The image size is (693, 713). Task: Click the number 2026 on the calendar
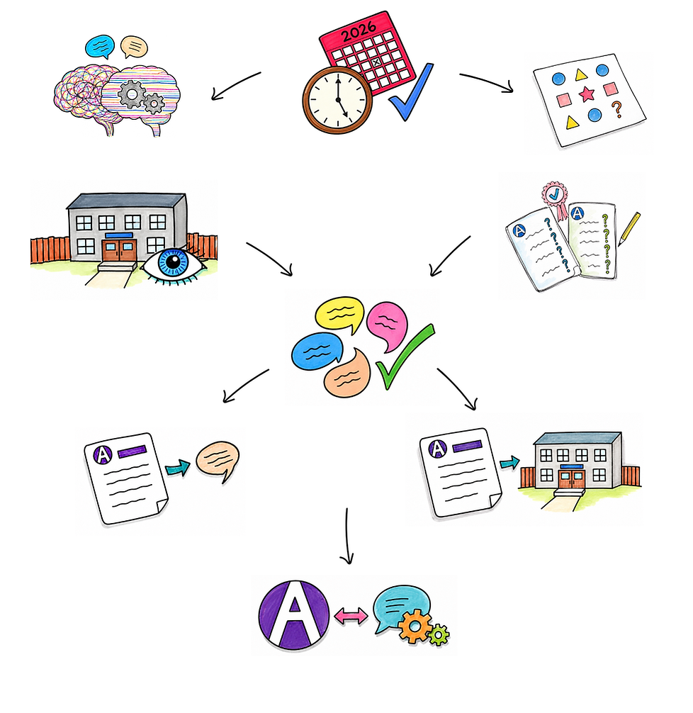pyautogui.click(x=359, y=33)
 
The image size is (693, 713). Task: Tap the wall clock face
pyautogui.click(x=337, y=100)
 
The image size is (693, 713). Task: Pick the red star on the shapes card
pyautogui.click(x=587, y=94)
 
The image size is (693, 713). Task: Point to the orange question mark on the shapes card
pyautogui.click(x=616, y=110)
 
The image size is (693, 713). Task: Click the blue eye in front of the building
pyautogui.click(x=173, y=264)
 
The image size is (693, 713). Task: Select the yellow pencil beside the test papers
pyautogui.click(x=629, y=229)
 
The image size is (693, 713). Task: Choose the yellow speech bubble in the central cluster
pyautogui.click(x=339, y=313)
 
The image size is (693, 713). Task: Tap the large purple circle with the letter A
pyautogui.click(x=294, y=615)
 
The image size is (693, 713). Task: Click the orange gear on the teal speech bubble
pyautogui.click(x=415, y=627)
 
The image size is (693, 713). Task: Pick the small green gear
pyautogui.click(x=439, y=634)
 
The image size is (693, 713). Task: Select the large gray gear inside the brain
pyautogui.click(x=132, y=94)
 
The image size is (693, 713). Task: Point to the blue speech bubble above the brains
pyautogui.click(x=100, y=46)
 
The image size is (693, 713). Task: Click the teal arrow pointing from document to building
pyautogui.click(x=509, y=463)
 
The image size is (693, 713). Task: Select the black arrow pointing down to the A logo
pyautogui.click(x=347, y=536)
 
